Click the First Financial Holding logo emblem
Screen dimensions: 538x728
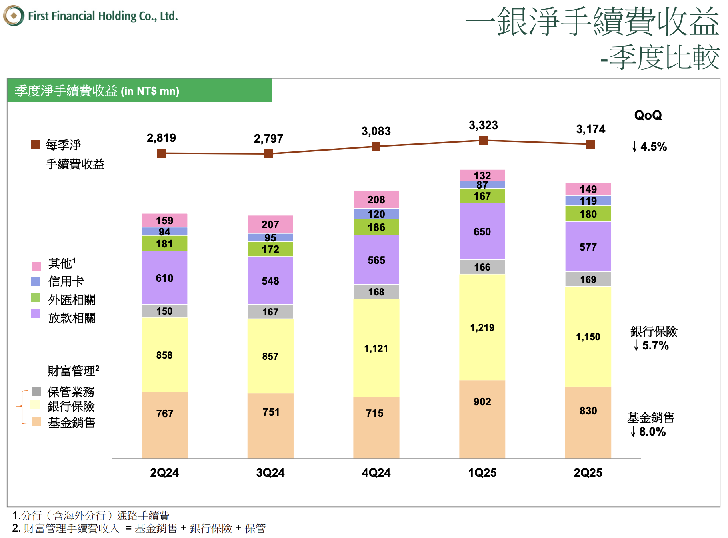(14, 16)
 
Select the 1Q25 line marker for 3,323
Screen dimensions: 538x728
(483, 140)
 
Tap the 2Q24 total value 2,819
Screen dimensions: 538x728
(161, 138)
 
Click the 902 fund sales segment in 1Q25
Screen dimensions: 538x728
(482, 402)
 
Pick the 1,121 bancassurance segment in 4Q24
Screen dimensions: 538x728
(376, 348)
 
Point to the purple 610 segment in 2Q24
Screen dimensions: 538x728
(164, 278)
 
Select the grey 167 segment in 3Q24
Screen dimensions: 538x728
(270, 312)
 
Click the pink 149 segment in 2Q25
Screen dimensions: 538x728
(588, 189)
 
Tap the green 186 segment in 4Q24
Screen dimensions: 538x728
(376, 227)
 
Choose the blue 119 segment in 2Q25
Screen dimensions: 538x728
(588, 201)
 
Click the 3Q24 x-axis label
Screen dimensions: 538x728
(270, 473)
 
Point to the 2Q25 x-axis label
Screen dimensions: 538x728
(588, 473)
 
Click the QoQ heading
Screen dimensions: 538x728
(648, 115)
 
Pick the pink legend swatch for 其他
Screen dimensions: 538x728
(36, 267)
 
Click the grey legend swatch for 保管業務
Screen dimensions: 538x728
(36, 391)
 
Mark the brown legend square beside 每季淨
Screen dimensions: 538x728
(36, 145)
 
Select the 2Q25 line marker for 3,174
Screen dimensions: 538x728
(590, 144)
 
